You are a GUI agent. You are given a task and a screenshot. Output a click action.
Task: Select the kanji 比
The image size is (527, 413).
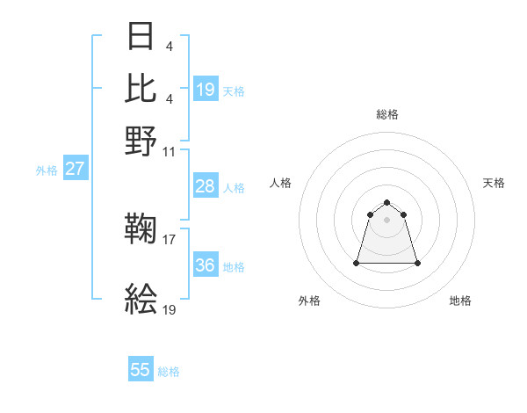(x=141, y=89)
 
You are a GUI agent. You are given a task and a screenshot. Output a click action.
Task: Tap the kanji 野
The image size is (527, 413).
(x=141, y=140)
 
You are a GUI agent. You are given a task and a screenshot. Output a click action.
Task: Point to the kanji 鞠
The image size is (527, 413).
(x=141, y=231)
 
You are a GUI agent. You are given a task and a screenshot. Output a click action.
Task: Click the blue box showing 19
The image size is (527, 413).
(x=205, y=89)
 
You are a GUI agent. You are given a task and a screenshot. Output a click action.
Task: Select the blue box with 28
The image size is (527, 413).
(x=205, y=186)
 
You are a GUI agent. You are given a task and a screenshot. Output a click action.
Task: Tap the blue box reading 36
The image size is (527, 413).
(x=205, y=265)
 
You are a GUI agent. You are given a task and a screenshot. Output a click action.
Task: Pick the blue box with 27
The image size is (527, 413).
(x=75, y=169)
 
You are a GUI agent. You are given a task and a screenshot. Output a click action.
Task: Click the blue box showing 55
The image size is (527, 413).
(x=141, y=370)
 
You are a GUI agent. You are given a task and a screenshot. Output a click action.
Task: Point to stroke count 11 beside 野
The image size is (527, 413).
(x=170, y=151)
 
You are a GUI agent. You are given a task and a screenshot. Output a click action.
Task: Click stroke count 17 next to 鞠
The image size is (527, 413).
(x=170, y=238)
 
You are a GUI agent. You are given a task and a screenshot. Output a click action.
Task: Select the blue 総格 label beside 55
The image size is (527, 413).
(x=169, y=372)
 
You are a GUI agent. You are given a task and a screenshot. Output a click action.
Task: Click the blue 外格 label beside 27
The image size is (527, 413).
(x=47, y=170)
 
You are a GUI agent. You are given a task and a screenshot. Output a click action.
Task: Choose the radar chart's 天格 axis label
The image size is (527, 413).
(x=494, y=183)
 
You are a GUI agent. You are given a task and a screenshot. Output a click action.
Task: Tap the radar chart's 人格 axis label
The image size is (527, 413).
(x=281, y=183)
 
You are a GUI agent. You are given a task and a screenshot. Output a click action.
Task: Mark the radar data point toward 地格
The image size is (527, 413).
(x=417, y=263)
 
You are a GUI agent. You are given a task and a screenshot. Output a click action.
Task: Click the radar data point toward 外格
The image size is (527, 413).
(x=357, y=263)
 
